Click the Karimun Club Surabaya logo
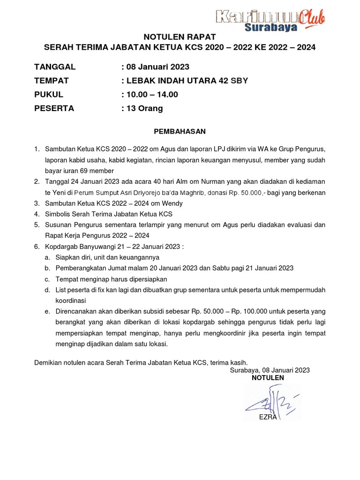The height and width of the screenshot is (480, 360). (x=270, y=20)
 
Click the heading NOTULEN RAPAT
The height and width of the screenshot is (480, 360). (x=180, y=37)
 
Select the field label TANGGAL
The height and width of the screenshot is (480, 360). (x=55, y=67)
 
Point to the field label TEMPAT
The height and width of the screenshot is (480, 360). (x=52, y=81)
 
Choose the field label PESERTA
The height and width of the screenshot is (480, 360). (x=54, y=108)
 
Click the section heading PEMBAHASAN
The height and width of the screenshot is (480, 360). (x=180, y=131)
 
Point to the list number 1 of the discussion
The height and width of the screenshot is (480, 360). (x=37, y=149)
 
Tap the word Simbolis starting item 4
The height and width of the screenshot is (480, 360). (x=58, y=214)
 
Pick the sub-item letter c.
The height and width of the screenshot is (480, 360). (x=47, y=279)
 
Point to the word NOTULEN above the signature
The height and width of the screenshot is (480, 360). (x=268, y=378)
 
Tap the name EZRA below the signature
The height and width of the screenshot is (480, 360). (x=268, y=417)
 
